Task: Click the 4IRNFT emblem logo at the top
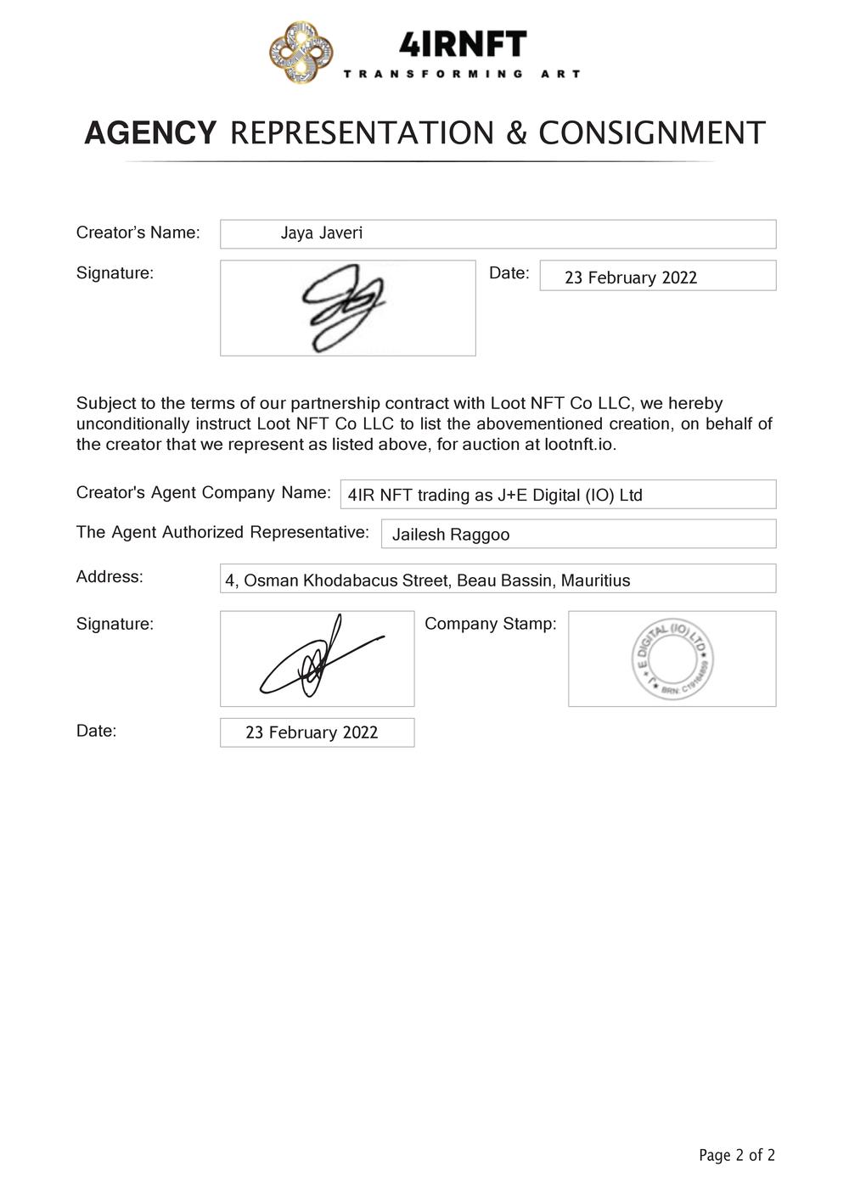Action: pyautogui.click(x=301, y=53)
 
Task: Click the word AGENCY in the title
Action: pyautogui.click(x=150, y=133)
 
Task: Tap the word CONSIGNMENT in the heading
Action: pyautogui.click(x=652, y=133)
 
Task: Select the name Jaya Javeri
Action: pyautogui.click(x=322, y=233)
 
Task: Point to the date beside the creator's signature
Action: pyautogui.click(x=631, y=278)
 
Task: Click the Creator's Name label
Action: pyautogui.click(x=138, y=233)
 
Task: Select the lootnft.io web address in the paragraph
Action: pyautogui.click(x=580, y=444)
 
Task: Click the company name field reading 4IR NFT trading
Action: pyautogui.click(x=495, y=495)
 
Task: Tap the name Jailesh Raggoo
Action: pyautogui.click(x=451, y=535)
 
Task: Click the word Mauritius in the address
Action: pyautogui.click(x=595, y=580)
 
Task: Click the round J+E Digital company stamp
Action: pyautogui.click(x=672, y=659)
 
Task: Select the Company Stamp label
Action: pyautogui.click(x=490, y=624)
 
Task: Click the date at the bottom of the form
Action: pyautogui.click(x=312, y=732)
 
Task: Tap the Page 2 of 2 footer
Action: pyautogui.click(x=736, y=1155)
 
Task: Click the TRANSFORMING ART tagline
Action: pyautogui.click(x=462, y=74)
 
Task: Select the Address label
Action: pyautogui.click(x=110, y=577)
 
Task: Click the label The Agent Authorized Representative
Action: pyautogui.click(x=222, y=532)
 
